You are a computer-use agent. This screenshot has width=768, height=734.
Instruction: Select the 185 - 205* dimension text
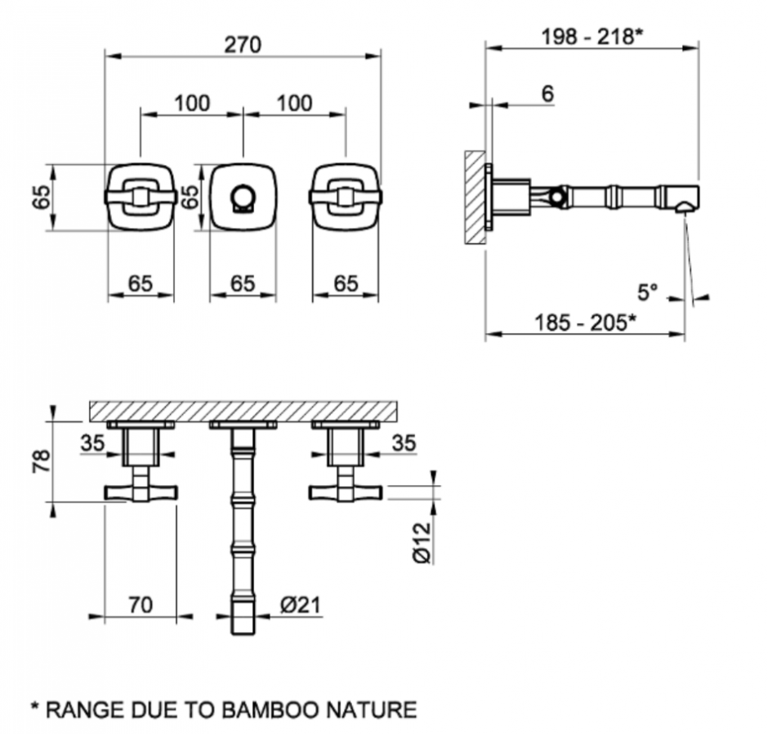pyautogui.click(x=585, y=322)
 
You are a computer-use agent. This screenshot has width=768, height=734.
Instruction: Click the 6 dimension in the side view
pyautogui.click(x=547, y=94)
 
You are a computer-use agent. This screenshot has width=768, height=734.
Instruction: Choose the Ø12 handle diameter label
pyautogui.click(x=421, y=542)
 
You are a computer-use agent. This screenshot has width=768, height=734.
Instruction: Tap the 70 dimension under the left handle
pyautogui.click(x=141, y=605)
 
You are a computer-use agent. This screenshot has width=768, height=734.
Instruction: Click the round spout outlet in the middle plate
pyautogui.click(x=243, y=197)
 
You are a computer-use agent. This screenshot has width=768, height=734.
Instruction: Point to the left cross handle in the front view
pyautogui.click(x=141, y=197)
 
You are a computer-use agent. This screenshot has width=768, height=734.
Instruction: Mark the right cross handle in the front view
pyautogui.click(x=345, y=197)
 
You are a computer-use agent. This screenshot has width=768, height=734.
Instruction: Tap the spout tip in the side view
pyautogui.click(x=685, y=200)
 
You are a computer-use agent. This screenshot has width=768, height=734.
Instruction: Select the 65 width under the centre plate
pyautogui.click(x=242, y=283)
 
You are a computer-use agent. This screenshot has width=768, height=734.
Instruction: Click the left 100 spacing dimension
pyautogui.click(x=192, y=103)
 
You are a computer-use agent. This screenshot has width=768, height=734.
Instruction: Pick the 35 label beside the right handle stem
pyautogui.click(x=403, y=443)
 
